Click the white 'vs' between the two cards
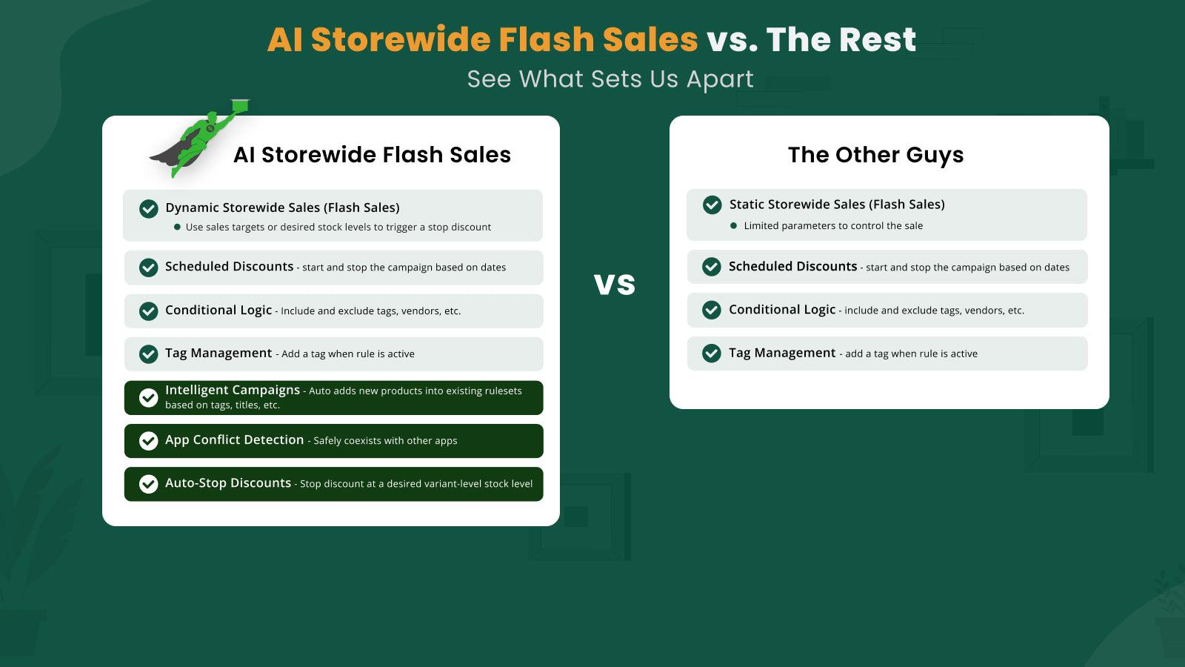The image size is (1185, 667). (x=615, y=285)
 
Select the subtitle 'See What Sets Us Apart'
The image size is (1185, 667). (x=610, y=79)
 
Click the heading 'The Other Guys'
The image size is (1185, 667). (x=875, y=155)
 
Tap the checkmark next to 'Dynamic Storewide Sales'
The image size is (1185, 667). (x=149, y=208)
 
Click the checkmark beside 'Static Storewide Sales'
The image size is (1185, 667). (x=712, y=205)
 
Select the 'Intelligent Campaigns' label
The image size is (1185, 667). (x=232, y=390)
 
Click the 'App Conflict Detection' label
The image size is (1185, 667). (x=234, y=439)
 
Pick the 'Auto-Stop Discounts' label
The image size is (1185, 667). (x=228, y=482)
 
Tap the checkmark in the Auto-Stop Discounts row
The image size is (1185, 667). (x=149, y=484)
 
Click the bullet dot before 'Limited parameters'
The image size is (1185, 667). (x=733, y=226)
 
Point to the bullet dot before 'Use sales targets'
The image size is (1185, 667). (x=177, y=228)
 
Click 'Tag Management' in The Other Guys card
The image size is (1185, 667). (x=781, y=353)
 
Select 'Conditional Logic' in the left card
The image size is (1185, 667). (x=218, y=310)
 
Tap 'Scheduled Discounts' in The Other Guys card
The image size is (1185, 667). (x=792, y=266)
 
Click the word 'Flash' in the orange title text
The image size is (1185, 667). (x=546, y=40)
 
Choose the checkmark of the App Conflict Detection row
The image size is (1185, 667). (x=149, y=441)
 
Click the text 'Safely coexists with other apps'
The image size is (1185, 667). (x=385, y=441)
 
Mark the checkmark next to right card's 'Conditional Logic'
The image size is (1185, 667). (x=712, y=310)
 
